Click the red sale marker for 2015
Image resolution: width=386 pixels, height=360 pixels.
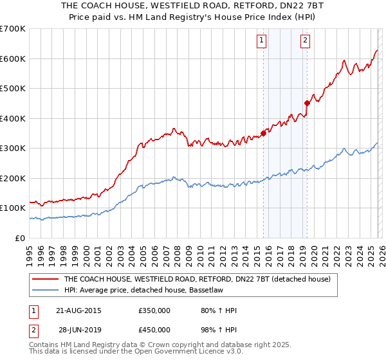263,134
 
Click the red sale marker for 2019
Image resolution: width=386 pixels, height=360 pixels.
307,103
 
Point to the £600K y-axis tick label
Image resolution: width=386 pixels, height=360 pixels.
12,59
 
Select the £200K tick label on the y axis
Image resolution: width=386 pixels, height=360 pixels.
12,178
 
